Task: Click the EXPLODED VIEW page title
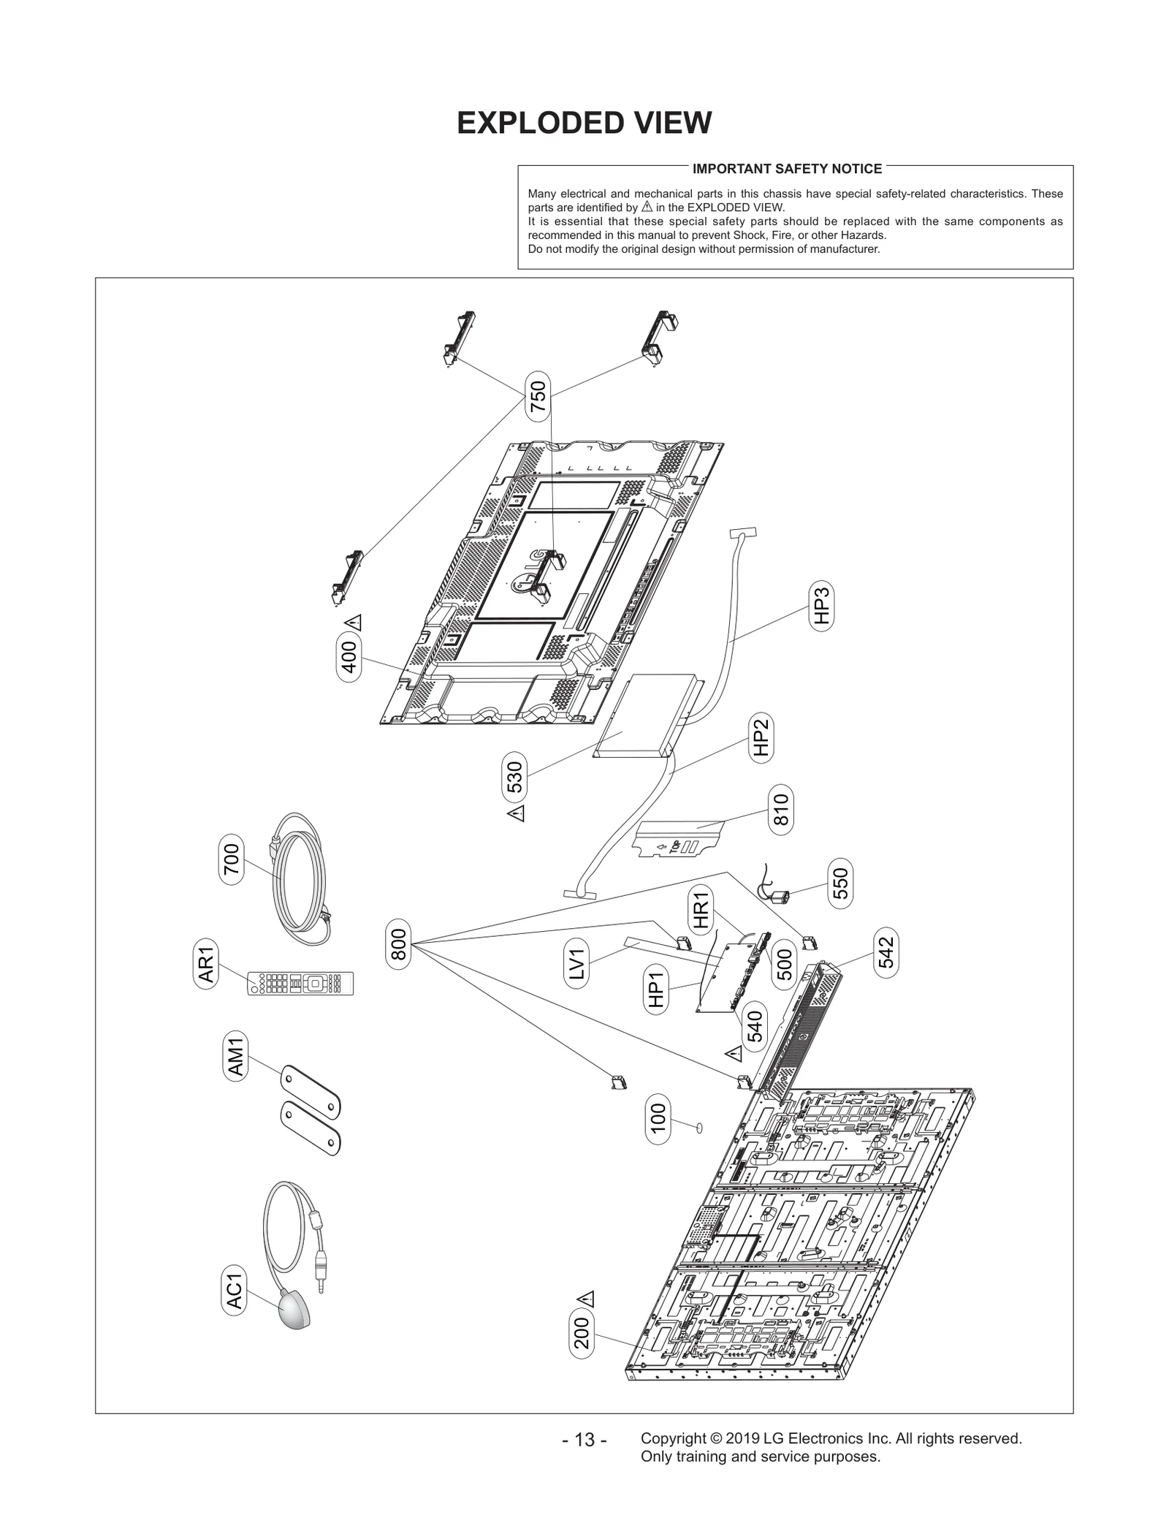point(584,123)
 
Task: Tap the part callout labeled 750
point(538,397)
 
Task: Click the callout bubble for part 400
point(349,658)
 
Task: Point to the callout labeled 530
point(515,778)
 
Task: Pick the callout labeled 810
point(781,810)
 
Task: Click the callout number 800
point(399,945)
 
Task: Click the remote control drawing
point(300,983)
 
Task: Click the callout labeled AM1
point(236,1055)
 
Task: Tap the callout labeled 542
point(886,952)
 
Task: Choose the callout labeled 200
point(582,1337)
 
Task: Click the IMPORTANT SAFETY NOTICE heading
point(787,169)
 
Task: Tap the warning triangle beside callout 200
point(586,1299)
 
